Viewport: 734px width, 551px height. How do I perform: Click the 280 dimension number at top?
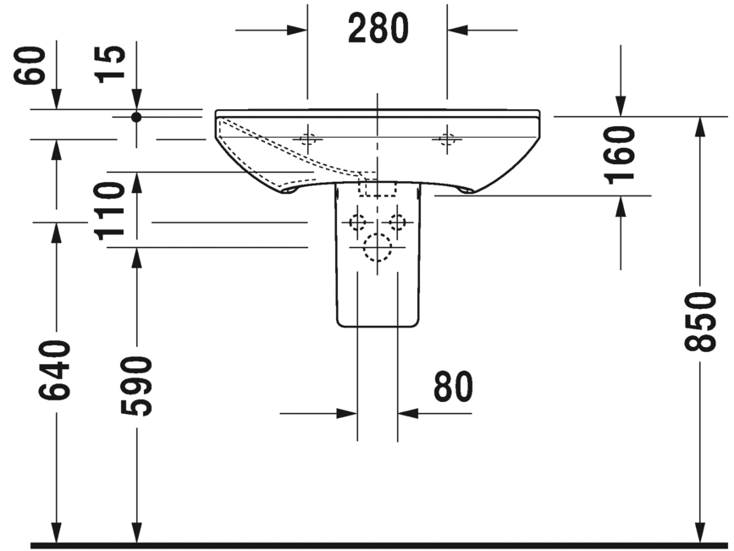pyautogui.click(x=378, y=30)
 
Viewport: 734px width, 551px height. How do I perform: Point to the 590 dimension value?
pyautogui.click(x=135, y=386)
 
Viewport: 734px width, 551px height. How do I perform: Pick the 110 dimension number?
pyautogui.click(x=110, y=211)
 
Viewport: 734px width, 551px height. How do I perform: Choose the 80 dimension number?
pyautogui.click(x=453, y=388)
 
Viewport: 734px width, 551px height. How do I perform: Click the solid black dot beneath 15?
pyautogui.click(x=135, y=117)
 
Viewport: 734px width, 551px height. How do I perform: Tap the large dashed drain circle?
pyautogui.click(x=377, y=246)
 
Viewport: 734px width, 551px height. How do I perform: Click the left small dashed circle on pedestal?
pyautogui.click(x=357, y=223)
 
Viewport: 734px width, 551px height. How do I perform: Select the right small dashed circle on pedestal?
pyautogui.click(x=396, y=223)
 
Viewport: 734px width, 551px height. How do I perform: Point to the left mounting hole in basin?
pyautogui.click(x=308, y=140)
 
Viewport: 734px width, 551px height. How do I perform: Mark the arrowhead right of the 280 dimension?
pyautogui.click(x=458, y=30)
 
